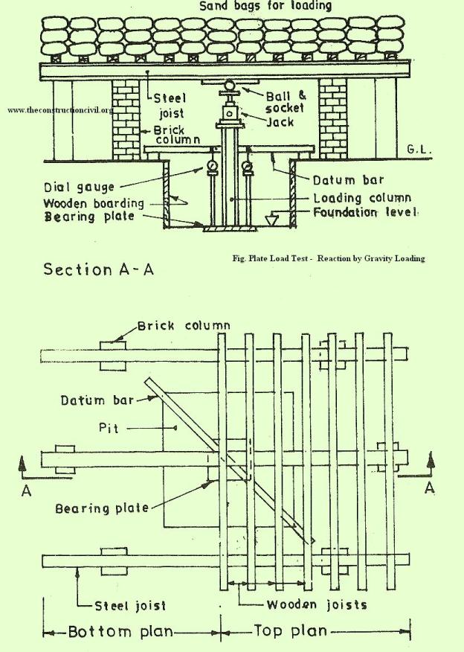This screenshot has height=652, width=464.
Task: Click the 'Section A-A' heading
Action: [98, 269]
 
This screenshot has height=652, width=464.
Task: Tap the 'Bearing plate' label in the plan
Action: [102, 508]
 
